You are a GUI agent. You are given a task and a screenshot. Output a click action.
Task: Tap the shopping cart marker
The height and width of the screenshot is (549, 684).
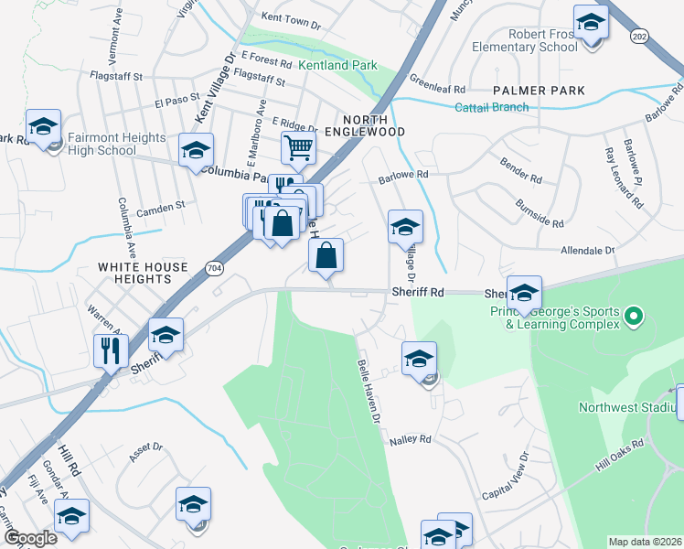pyautogui.click(x=298, y=148)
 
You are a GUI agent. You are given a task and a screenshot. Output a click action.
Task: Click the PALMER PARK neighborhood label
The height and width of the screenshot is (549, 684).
pyautogui.click(x=539, y=91)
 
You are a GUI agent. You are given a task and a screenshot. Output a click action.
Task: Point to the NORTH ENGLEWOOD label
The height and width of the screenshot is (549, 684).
pyautogui.click(x=374, y=126)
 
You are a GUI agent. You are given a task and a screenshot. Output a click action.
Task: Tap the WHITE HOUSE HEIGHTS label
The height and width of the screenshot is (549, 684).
pyautogui.click(x=144, y=274)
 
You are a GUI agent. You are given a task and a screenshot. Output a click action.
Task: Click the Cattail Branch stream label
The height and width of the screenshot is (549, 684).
pyautogui.click(x=492, y=107)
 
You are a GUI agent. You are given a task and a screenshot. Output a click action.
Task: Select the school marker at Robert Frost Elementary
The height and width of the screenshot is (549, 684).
pyautogui.click(x=591, y=21)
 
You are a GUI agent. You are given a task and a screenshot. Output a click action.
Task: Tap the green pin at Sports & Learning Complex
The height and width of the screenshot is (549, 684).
pyautogui.click(x=631, y=318)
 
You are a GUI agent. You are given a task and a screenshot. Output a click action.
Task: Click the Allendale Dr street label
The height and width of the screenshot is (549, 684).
pyautogui.click(x=586, y=250)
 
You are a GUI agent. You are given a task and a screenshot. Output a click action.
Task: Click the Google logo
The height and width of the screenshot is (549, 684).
pyautogui.click(x=31, y=538)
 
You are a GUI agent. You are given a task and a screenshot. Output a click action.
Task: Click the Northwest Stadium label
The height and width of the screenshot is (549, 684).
pyautogui.click(x=627, y=407)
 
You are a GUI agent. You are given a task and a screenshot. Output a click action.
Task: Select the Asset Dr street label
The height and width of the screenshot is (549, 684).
pyautogui.click(x=145, y=448)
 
